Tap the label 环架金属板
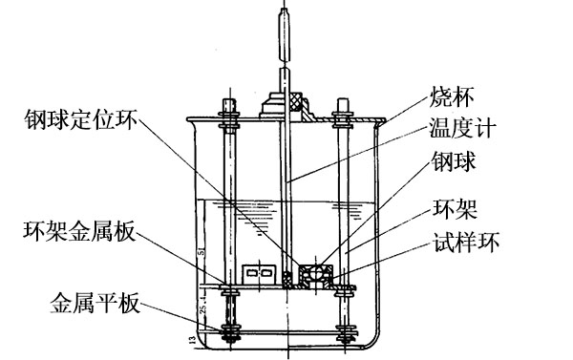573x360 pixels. coord(77,231)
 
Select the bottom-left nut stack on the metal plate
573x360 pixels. coord(231,333)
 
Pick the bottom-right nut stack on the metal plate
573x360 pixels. coord(344,333)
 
